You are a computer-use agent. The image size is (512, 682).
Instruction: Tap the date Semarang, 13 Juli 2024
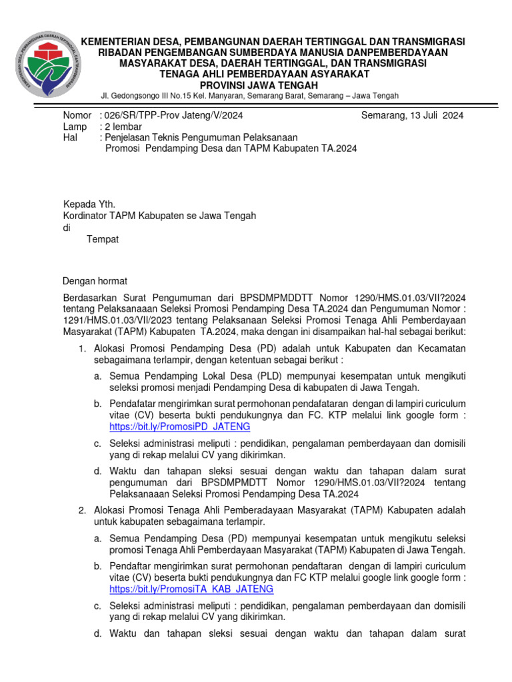tap(412, 115)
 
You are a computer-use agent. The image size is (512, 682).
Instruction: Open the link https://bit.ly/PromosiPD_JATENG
tap(179, 426)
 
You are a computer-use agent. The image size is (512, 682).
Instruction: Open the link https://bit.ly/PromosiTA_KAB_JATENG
tap(191, 590)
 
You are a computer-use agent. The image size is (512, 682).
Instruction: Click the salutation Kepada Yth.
tap(89, 204)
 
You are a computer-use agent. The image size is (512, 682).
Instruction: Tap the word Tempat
tap(103, 239)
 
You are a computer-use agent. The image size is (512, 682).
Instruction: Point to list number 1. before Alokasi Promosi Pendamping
tap(83, 348)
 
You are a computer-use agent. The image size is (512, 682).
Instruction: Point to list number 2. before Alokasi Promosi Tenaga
tap(83, 510)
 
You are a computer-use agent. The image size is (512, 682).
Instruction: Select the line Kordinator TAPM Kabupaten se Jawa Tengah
tap(159, 216)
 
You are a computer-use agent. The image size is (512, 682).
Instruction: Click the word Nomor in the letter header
tap(76, 115)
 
